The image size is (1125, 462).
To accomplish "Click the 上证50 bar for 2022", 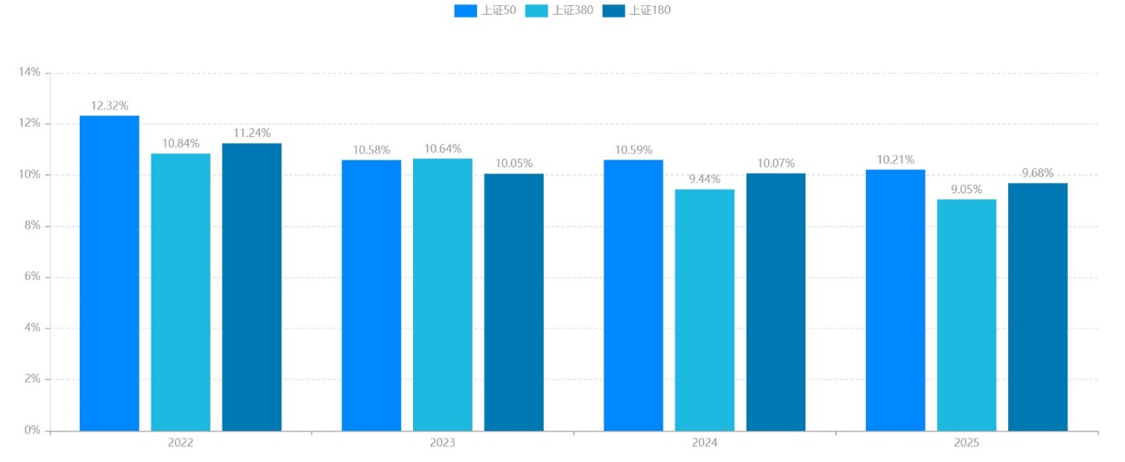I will tap(109, 273).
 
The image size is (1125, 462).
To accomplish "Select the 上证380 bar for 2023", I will tap(443, 295).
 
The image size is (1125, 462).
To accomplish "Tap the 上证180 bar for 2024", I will tap(775, 302).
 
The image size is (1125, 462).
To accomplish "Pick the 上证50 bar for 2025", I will tap(895, 300).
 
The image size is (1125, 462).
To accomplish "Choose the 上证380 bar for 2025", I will tap(966, 315).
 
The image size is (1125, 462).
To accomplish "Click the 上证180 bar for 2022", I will tap(251, 287).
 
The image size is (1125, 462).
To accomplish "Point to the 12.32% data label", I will tap(109, 106).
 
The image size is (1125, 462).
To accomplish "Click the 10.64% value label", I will tap(443, 149).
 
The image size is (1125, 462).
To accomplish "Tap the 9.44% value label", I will tap(705, 179).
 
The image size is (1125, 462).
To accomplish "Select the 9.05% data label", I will tap(967, 190).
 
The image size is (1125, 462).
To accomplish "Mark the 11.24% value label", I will tap(252, 133).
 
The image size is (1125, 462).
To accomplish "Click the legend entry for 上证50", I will tap(484, 10).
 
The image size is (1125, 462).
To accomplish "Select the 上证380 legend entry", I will tap(558, 10).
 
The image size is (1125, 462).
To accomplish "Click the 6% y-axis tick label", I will tap(32, 277).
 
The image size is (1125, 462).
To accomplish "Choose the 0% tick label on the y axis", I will tap(32, 431).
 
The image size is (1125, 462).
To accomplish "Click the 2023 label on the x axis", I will tap(443, 443).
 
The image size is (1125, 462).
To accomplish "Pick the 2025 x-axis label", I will tap(967, 443).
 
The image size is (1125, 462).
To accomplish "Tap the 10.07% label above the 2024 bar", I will tap(776, 164).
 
